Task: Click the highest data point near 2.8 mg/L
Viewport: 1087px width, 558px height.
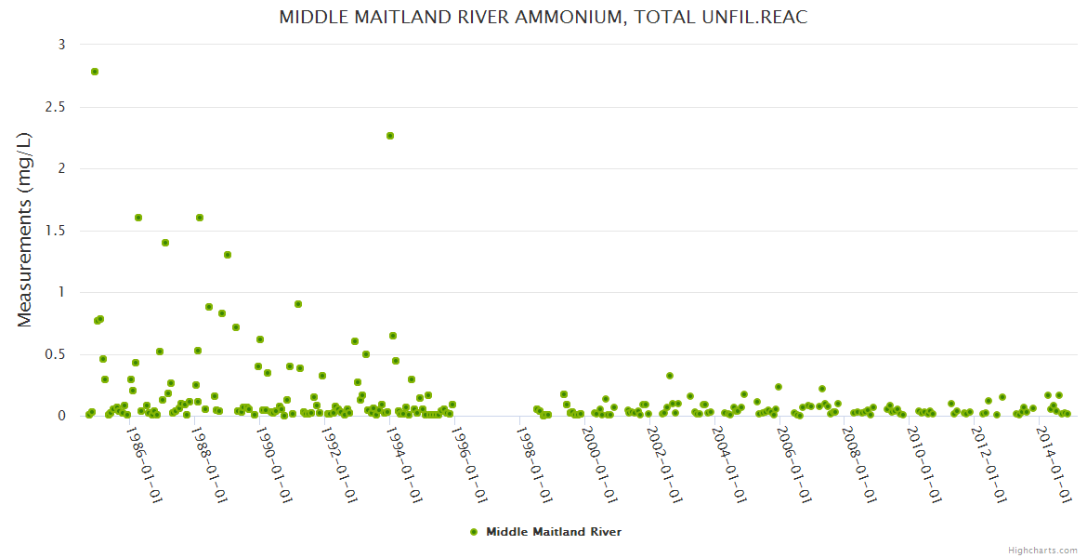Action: coord(95,72)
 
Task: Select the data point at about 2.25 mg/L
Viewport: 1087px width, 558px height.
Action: coord(390,136)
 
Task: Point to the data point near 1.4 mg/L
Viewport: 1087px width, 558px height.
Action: coord(165,243)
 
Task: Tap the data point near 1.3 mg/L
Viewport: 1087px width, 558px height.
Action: coord(228,255)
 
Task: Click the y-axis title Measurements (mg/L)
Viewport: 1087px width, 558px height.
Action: coord(25,230)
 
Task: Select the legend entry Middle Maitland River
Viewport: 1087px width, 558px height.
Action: coord(553,532)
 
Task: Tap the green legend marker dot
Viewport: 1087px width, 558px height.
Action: coord(474,532)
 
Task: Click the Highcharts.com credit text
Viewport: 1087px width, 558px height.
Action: coord(1042,550)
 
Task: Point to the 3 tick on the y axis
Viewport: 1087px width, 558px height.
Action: coord(61,45)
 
